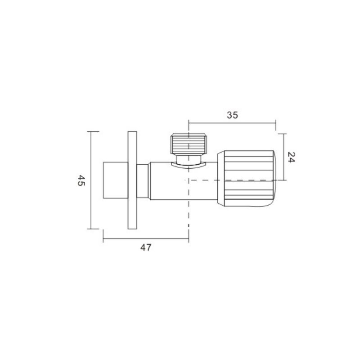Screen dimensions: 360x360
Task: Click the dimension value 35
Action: point(232,115)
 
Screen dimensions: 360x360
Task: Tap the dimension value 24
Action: point(291,157)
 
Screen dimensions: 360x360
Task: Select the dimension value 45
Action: point(81,180)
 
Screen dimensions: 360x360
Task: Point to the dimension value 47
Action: point(146,247)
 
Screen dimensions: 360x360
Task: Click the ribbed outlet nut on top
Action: point(189,144)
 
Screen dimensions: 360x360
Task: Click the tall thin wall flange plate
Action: point(132,180)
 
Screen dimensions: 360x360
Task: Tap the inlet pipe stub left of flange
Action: point(116,180)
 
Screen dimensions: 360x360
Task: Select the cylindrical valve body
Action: point(184,181)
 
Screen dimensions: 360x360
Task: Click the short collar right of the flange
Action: point(143,181)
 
